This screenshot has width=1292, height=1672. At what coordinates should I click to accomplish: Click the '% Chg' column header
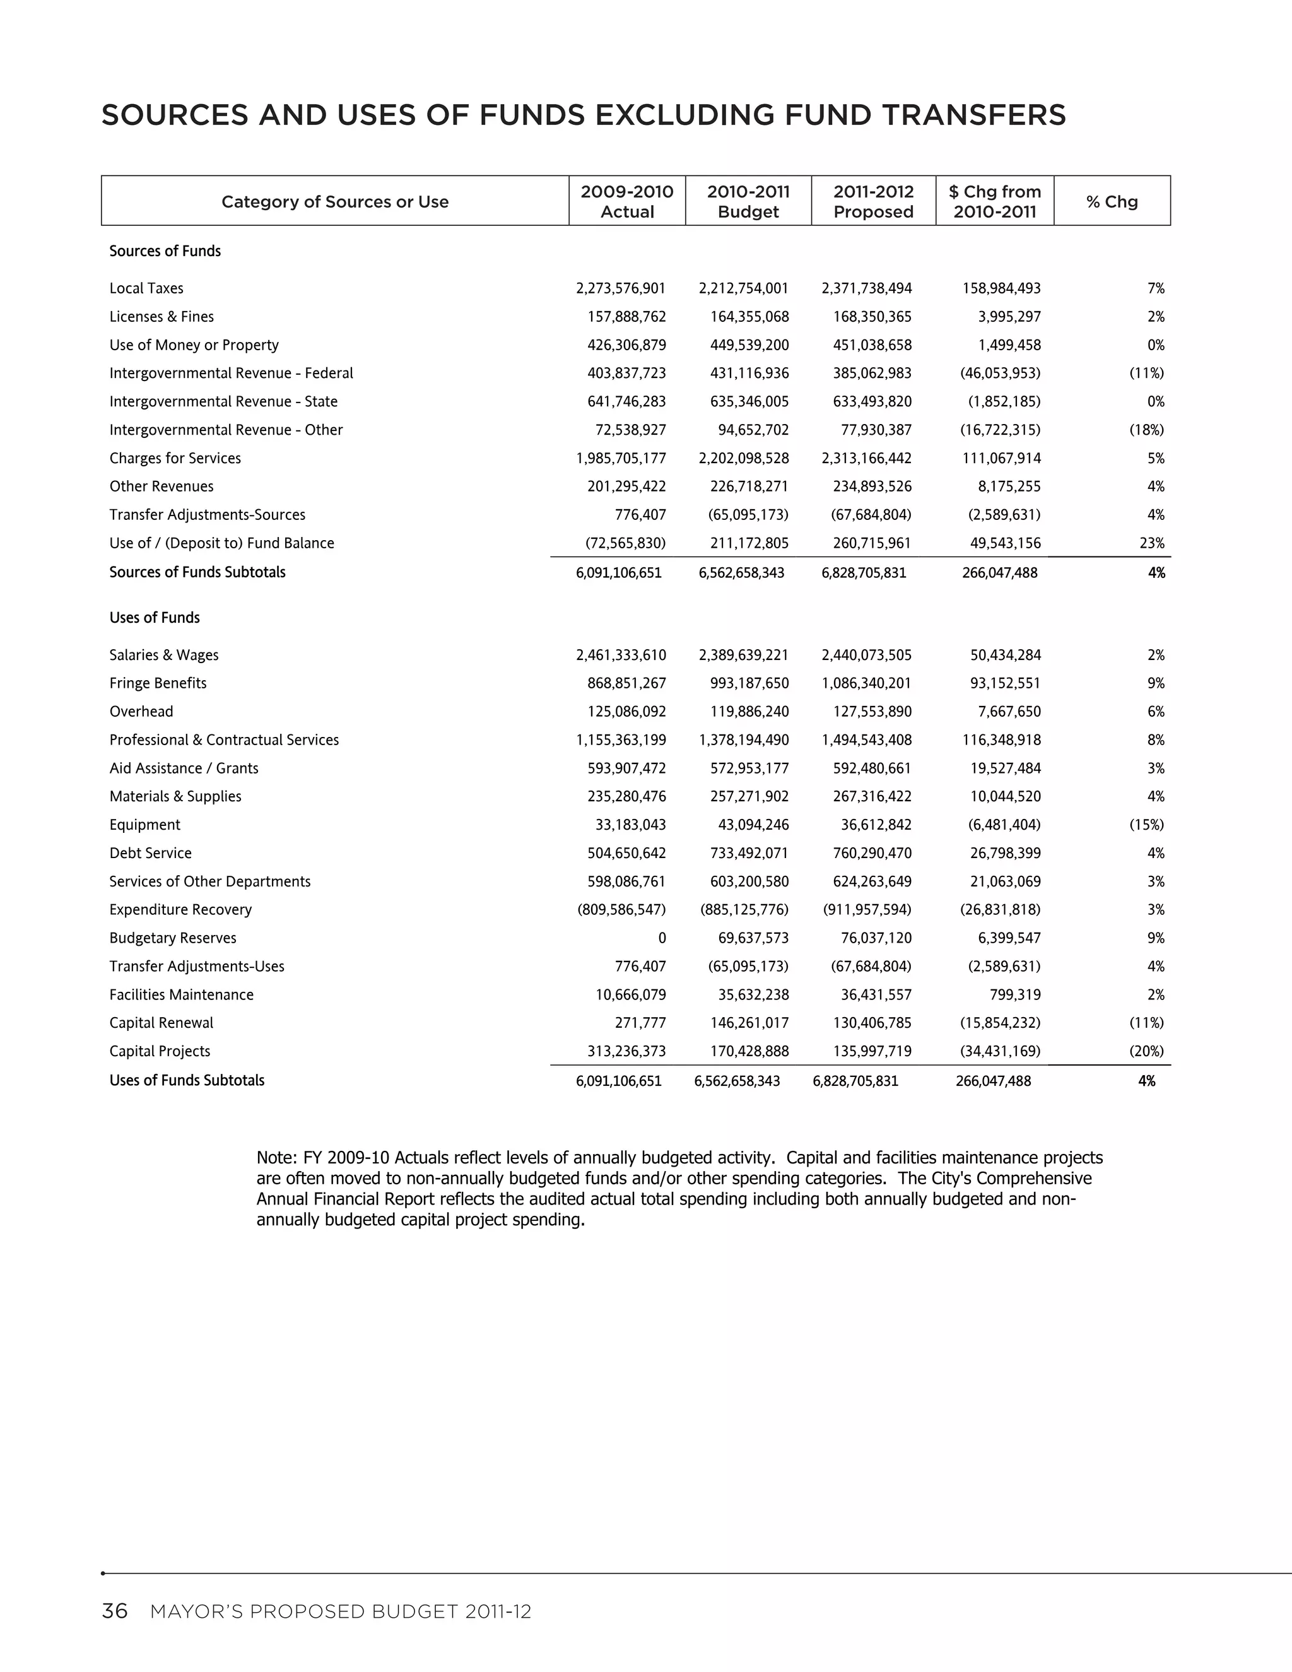(x=1112, y=201)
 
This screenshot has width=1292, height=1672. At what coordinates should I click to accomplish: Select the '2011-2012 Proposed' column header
(x=873, y=201)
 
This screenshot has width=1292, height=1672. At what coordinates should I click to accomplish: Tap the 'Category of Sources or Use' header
(x=334, y=201)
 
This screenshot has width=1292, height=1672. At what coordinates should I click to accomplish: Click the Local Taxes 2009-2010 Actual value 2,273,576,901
(x=621, y=288)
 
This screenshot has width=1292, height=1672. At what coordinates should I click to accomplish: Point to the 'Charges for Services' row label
(x=175, y=459)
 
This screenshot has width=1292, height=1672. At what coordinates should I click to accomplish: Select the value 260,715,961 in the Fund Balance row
(x=872, y=543)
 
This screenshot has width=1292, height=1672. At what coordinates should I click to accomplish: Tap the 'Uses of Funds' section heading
(x=155, y=618)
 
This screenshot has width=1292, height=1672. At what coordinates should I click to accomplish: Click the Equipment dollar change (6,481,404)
(x=1001, y=825)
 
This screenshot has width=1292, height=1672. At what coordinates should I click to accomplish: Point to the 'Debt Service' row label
(x=151, y=854)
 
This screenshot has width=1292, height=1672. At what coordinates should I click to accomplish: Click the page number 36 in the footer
(x=115, y=1611)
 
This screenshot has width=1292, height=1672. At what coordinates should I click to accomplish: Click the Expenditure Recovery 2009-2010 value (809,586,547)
(x=621, y=910)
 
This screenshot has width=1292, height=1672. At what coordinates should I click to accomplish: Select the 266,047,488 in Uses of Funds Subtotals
(x=993, y=1081)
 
